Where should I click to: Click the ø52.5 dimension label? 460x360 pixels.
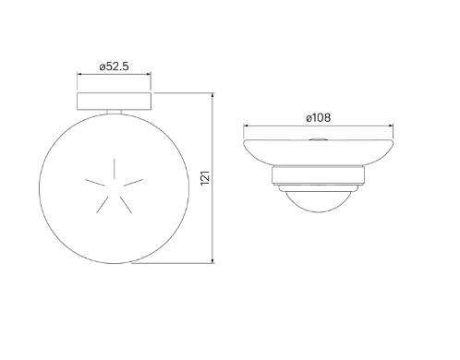coord(114,66)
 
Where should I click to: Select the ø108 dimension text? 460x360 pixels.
coord(319,117)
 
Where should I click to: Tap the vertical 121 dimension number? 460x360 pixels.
coord(205,178)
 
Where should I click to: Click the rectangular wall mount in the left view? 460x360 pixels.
coord(114,101)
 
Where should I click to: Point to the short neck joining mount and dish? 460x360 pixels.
coord(114,112)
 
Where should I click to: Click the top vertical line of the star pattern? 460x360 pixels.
coord(115,168)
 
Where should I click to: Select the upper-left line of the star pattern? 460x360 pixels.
coord(95,183)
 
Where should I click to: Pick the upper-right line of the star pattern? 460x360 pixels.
coord(133,183)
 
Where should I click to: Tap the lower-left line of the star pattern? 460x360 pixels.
coord(103,205)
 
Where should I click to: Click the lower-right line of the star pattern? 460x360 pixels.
coord(126,205)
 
